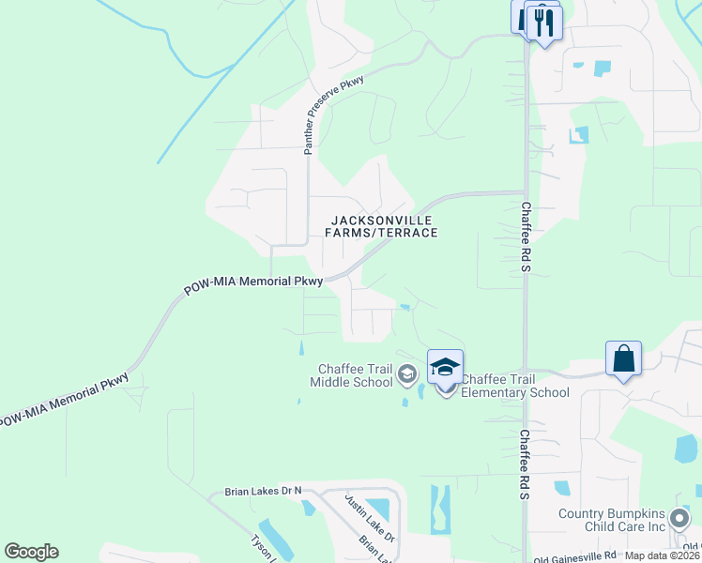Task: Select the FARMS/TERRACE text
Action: [382, 232]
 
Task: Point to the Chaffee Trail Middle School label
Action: [355, 374]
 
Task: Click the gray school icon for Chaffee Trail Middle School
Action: [407, 375]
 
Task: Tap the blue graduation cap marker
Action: [445, 366]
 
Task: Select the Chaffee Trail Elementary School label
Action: [514, 386]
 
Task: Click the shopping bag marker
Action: [623, 359]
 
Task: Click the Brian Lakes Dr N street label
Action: [264, 491]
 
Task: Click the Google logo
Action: [31, 552]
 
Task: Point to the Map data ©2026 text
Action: [663, 555]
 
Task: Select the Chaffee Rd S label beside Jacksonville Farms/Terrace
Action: [526, 238]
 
